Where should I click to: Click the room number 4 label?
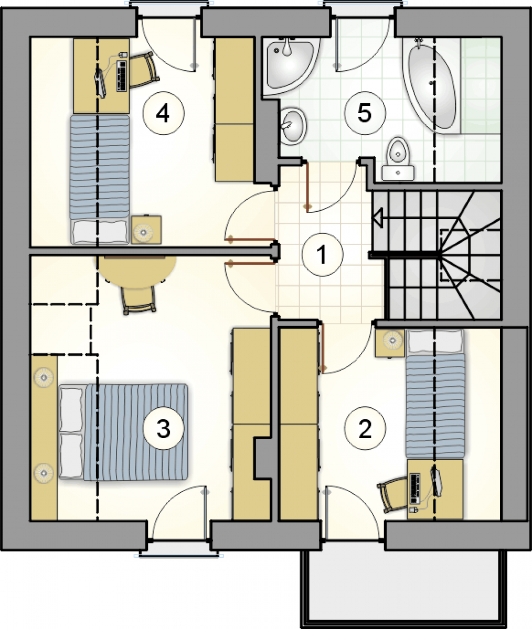[163, 113]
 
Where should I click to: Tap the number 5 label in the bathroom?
[365, 113]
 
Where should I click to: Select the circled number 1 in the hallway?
[322, 254]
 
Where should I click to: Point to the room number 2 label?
[365, 428]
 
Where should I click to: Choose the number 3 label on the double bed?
[164, 428]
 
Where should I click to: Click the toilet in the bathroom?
[398, 159]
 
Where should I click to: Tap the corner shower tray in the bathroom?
[291, 67]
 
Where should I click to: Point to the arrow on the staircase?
[378, 218]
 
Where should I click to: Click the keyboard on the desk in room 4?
[122, 76]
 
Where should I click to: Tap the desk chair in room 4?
[144, 70]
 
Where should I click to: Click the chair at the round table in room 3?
[139, 299]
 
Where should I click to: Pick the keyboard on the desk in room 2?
[414, 489]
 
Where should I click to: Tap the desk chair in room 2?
[392, 495]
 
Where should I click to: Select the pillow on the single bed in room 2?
[434, 342]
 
